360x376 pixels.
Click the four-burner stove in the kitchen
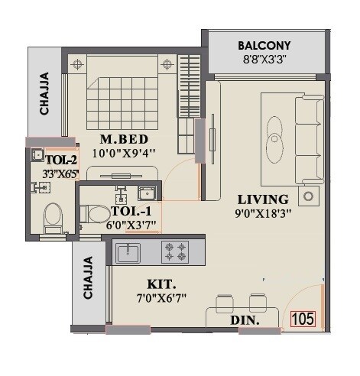pos(175,251)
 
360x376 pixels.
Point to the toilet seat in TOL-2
pos(51,216)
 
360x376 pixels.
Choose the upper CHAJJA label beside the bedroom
pos(45,93)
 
